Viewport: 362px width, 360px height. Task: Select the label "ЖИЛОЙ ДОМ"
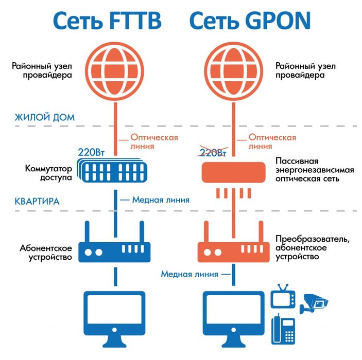[44, 117]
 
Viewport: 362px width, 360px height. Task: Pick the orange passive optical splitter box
[233, 172]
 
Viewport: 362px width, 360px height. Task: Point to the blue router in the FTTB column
[114, 250]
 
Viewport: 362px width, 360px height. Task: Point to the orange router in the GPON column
[233, 250]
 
